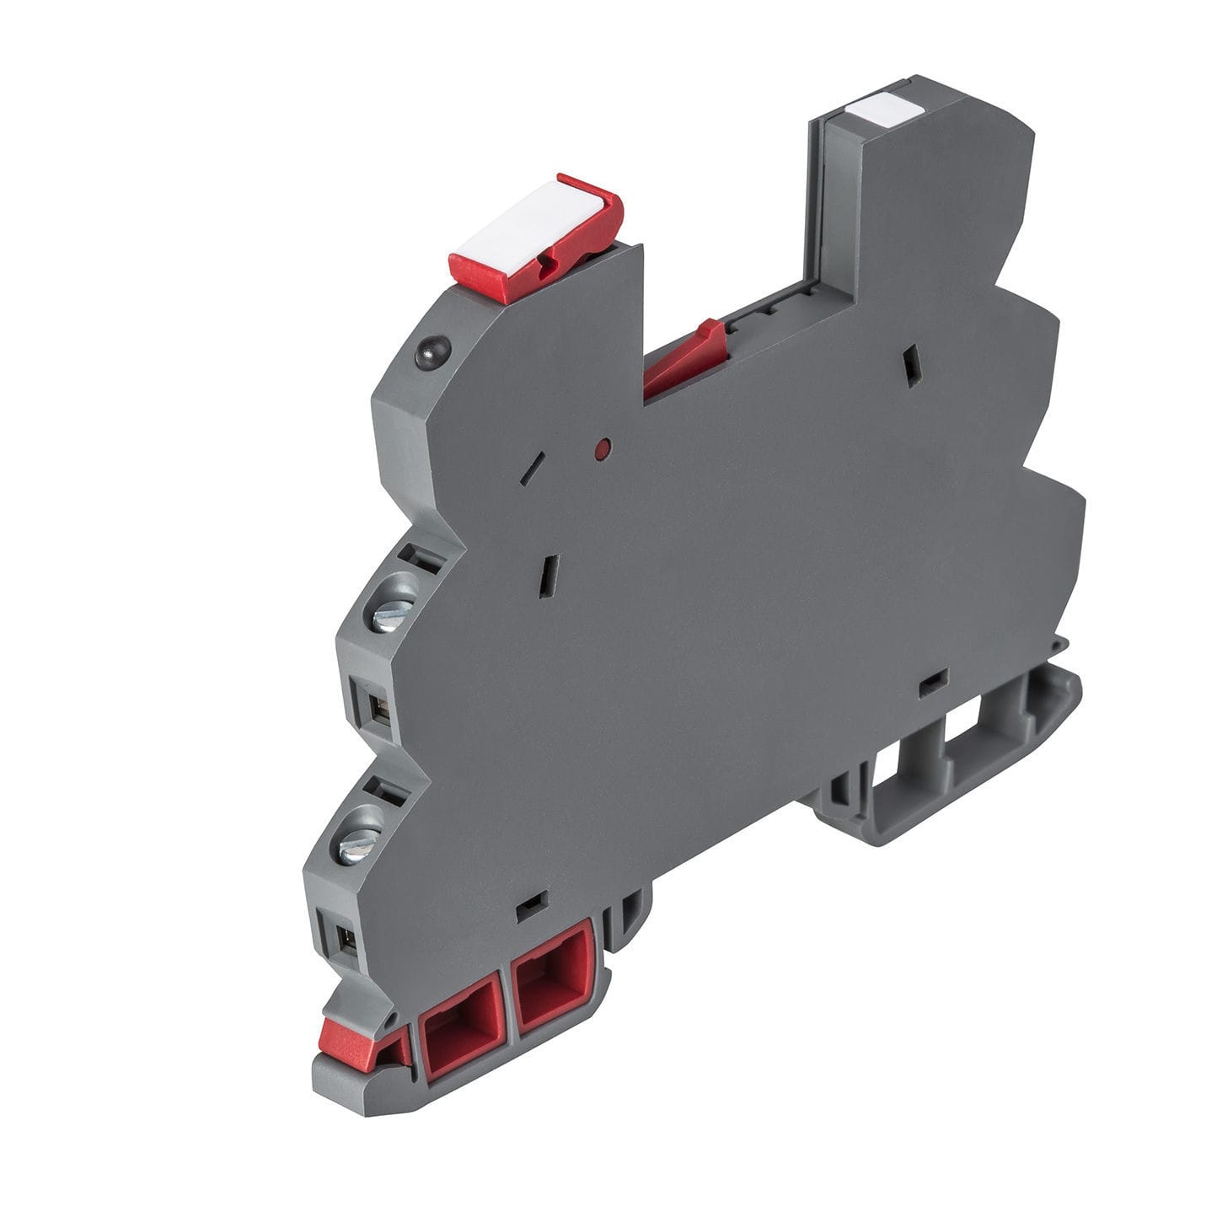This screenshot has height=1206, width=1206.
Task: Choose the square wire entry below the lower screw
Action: (x=345, y=936)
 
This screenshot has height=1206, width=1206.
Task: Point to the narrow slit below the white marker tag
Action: (x=910, y=365)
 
